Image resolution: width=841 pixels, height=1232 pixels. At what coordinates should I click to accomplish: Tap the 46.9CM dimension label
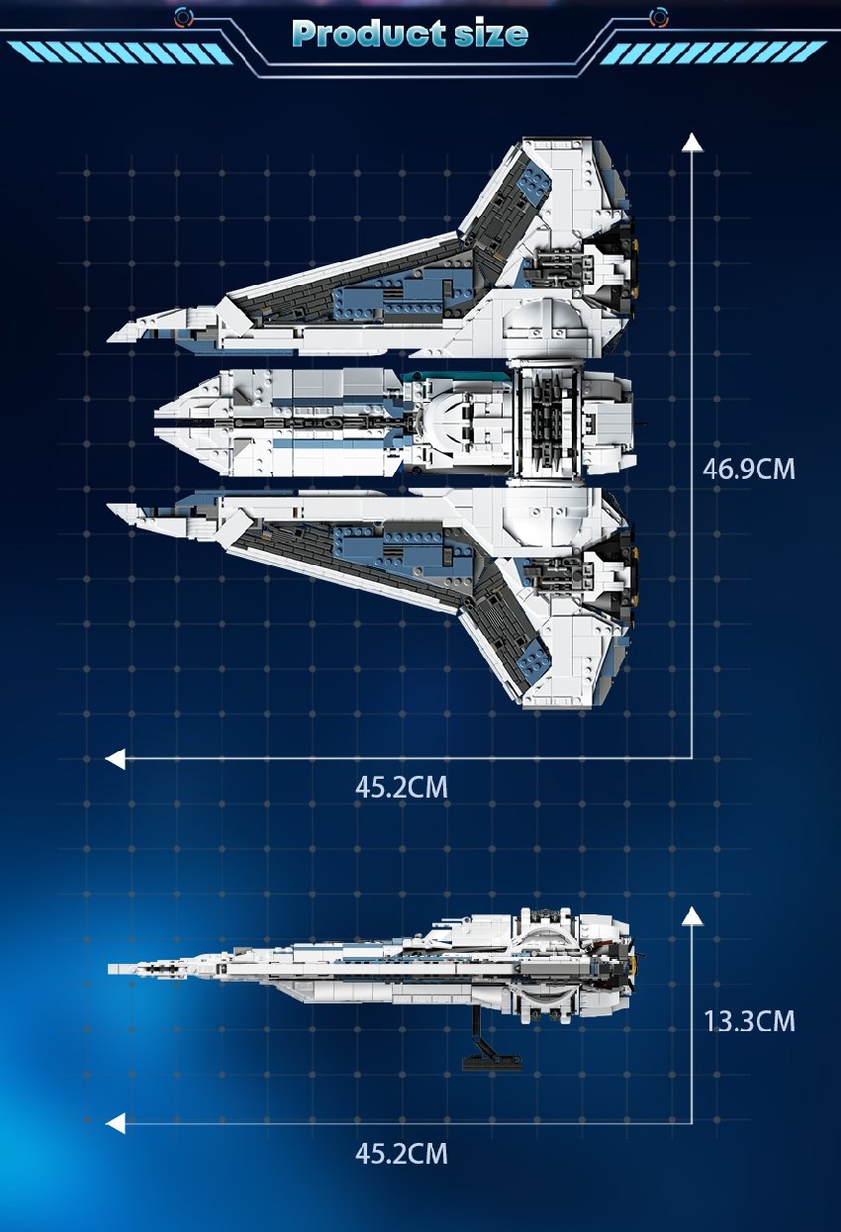tap(748, 468)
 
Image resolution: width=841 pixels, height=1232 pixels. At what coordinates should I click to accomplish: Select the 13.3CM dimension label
tap(749, 1020)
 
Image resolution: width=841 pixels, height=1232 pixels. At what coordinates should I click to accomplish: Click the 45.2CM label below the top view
tap(402, 788)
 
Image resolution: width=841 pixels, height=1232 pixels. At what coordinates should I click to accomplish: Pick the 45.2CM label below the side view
tap(402, 1153)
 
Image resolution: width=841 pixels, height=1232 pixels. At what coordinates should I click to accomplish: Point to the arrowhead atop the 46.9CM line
tap(692, 142)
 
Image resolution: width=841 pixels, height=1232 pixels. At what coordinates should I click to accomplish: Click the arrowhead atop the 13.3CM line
tap(692, 915)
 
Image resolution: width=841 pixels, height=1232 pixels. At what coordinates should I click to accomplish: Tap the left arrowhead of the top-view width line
tap(116, 759)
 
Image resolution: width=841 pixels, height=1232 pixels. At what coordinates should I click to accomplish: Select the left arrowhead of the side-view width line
tap(116, 1123)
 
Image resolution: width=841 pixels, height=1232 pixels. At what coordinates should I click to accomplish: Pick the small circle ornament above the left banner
tap(182, 17)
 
